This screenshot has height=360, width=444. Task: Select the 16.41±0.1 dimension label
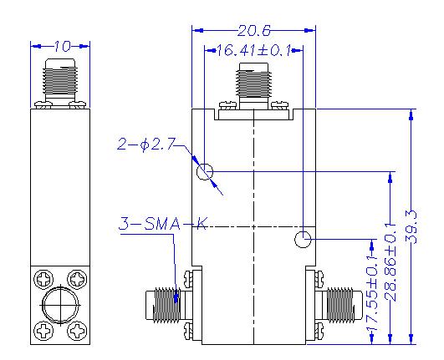click(253, 51)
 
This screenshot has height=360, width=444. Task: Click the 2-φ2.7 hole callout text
click(144, 145)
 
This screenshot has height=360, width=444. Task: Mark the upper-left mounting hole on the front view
click(204, 173)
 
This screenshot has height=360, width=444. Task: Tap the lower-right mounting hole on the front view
click(303, 241)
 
